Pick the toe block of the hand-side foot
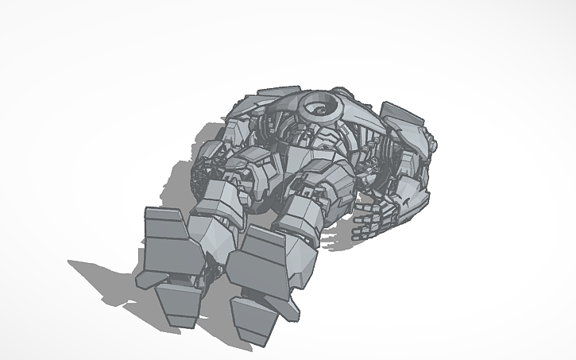[256, 321]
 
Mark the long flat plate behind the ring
[274, 96]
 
